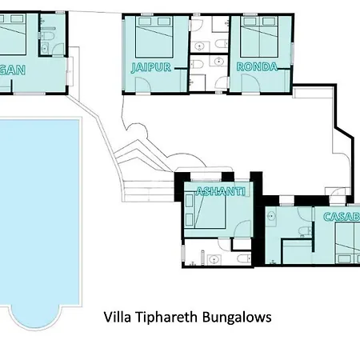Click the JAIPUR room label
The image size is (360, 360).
[151, 68]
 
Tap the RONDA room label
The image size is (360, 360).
[258, 68]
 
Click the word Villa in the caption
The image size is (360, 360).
[118, 317]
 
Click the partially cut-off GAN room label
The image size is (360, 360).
[11, 70]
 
